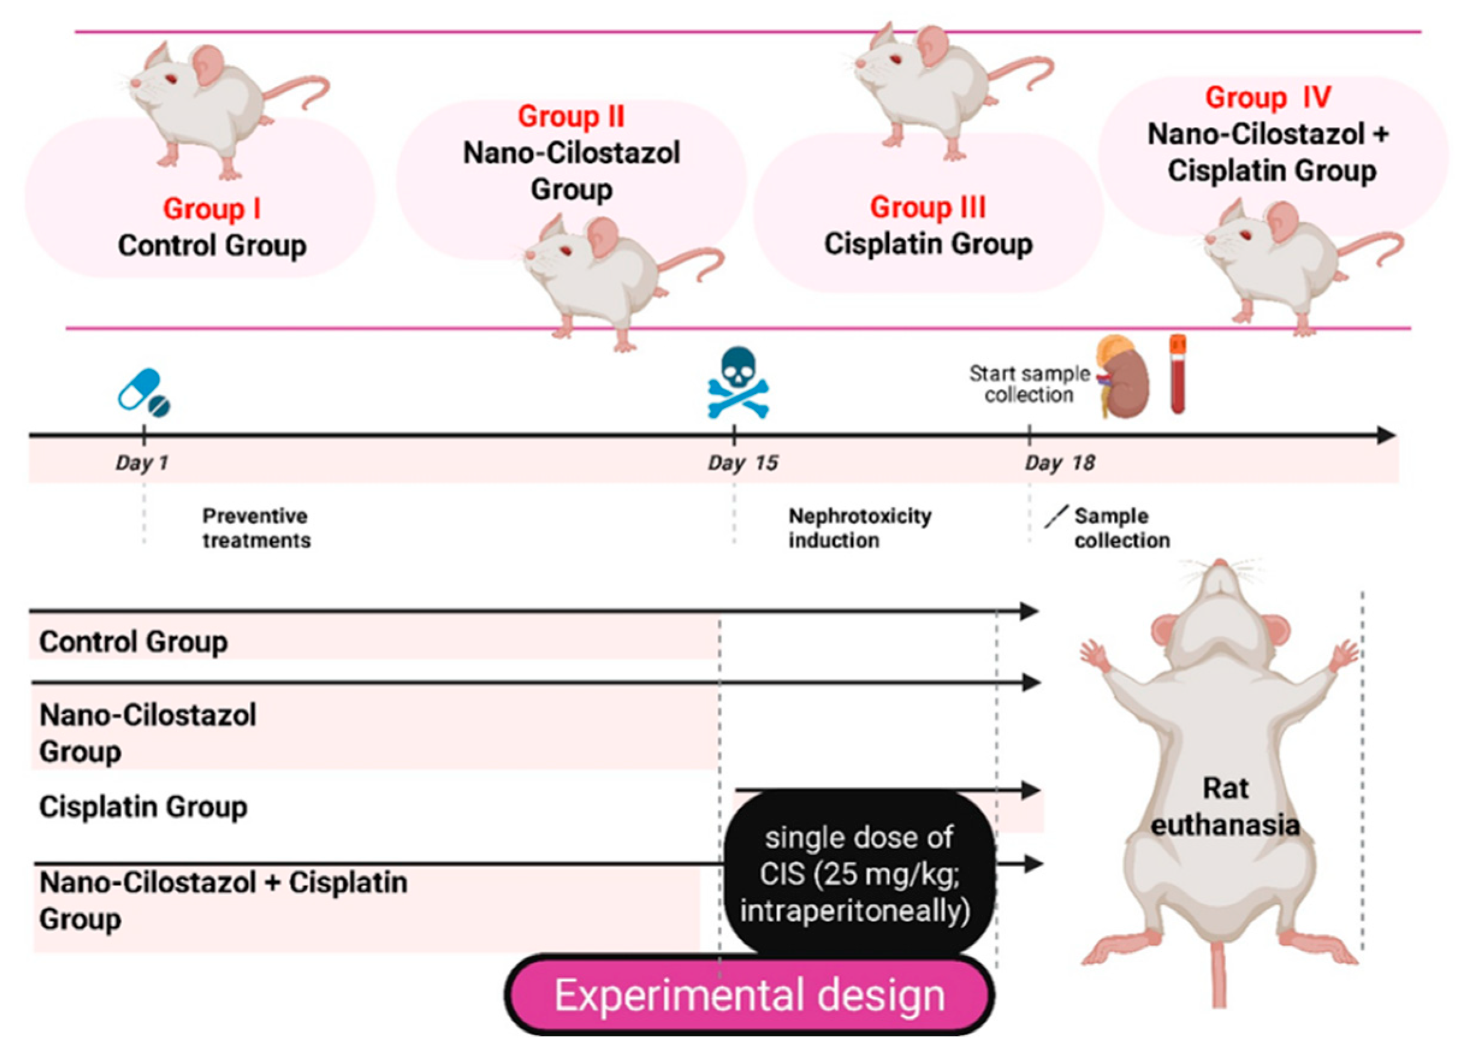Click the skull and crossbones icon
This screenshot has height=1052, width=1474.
pos(737,384)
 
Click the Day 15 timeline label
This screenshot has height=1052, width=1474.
pos(743,463)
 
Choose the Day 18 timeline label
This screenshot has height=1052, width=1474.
pos(1060,463)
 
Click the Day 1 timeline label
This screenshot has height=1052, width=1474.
pos(141,463)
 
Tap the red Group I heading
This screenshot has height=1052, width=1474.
pos(211,209)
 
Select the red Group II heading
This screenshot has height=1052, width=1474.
pos(571,117)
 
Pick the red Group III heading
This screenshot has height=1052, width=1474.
pos(928,208)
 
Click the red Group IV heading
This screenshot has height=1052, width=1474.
pos(1268,97)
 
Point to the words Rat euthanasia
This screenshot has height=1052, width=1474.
pos(1225,807)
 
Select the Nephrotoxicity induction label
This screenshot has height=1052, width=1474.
pos(859,528)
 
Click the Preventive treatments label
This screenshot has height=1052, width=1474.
pos(257,528)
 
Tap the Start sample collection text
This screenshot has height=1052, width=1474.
pos(1029,384)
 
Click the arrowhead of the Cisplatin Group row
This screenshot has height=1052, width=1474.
pos(1031,790)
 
